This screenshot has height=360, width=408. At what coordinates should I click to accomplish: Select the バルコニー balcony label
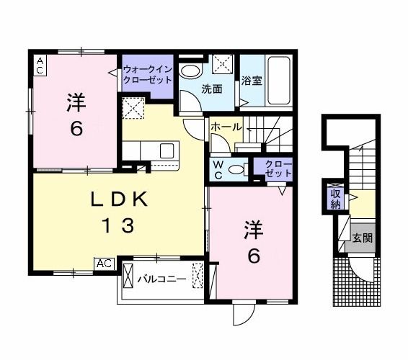[x=162, y=278]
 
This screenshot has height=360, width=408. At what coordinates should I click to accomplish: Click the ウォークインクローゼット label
[x=147, y=75]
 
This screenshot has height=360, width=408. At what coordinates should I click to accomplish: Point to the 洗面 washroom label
[x=211, y=89]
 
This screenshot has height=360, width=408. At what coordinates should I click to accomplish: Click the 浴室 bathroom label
[x=252, y=81]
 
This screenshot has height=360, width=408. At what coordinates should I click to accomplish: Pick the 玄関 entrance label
[x=362, y=238]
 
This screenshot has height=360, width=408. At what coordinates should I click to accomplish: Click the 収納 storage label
[x=336, y=199]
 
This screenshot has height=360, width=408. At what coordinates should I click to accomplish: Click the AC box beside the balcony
[x=105, y=264]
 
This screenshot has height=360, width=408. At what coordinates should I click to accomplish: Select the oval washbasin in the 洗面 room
[x=191, y=71]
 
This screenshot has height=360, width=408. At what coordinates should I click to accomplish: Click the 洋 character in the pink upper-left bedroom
[x=76, y=102]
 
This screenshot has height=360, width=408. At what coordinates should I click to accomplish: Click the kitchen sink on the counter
[x=167, y=150]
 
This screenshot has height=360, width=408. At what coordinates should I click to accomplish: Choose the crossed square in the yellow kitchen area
[x=134, y=109]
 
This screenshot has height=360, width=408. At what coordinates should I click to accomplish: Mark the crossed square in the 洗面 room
[x=223, y=64]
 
